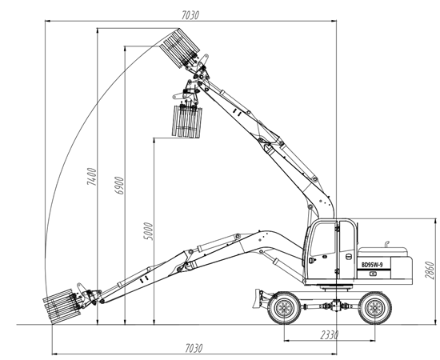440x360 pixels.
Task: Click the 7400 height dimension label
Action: point(92,177)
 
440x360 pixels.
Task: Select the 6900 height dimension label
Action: point(119,186)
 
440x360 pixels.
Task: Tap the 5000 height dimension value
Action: point(149,231)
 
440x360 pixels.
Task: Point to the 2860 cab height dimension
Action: point(430,270)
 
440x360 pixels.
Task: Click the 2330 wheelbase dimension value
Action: point(330,334)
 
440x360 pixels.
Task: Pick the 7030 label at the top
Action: point(190,15)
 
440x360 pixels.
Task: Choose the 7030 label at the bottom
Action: point(194,348)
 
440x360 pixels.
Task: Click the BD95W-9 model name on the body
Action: point(372,264)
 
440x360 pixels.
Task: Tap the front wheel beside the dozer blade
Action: point(284,308)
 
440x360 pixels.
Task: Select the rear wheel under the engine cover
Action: point(375,308)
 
